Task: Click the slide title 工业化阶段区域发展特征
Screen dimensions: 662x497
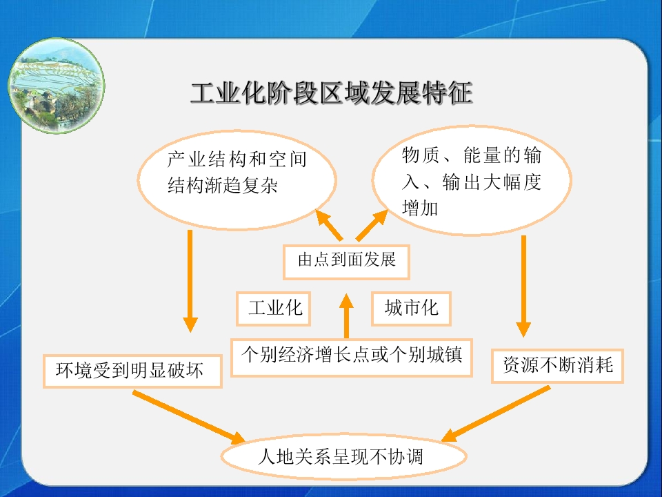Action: (332, 93)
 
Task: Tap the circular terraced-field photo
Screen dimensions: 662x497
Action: (57, 86)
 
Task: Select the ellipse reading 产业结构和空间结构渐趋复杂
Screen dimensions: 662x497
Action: (237, 180)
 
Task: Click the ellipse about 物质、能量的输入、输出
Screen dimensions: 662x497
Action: (472, 180)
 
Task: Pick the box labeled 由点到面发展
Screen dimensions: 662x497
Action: (346, 262)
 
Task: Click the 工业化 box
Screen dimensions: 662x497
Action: (274, 308)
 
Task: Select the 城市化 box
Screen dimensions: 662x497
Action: (411, 308)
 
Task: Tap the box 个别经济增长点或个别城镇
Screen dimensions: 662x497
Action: (351, 357)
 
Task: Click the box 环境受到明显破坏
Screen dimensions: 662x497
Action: (132, 371)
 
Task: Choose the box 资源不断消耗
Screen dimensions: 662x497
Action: (557, 366)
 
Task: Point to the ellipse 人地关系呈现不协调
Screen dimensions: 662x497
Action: (343, 456)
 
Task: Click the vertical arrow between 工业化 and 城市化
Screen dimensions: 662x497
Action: (346, 316)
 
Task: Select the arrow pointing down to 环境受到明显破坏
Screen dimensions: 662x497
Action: (190, 281)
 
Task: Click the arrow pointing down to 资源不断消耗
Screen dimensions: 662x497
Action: (523, 286)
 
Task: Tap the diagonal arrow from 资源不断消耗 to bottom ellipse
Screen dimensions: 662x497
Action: (496, 413)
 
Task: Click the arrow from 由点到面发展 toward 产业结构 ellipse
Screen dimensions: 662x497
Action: (329, 225)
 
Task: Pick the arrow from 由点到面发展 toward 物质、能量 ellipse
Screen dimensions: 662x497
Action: (372, 225)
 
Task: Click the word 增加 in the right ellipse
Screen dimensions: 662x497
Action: (420, 208)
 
